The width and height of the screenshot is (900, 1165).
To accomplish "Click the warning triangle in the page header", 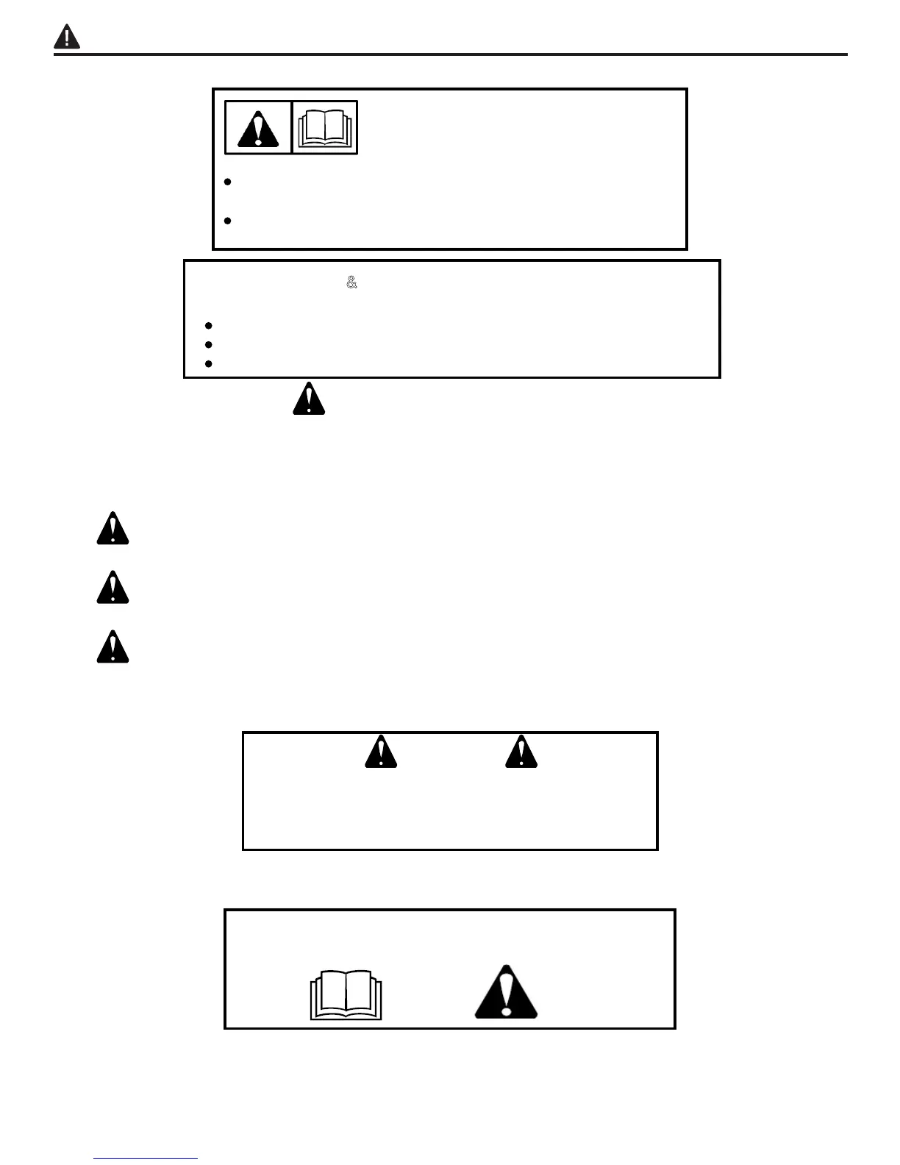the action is click(x=67, y=37).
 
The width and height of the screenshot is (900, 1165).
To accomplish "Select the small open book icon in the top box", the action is click(x=325, y=128).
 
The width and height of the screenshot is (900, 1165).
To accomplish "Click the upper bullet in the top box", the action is click(x=228, y=182).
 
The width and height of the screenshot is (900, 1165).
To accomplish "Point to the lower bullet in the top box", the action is click(x=228, y=221).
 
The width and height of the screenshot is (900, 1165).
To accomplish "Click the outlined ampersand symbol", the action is click(x=351, y=282).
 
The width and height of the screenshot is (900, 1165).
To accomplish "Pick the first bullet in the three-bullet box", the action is click(x=210, y=325).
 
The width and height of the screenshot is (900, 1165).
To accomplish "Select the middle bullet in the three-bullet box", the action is click(x=210, y=344).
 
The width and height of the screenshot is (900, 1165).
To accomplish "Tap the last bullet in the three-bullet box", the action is click(x=210, y=363).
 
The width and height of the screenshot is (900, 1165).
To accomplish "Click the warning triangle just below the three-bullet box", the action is click(x=309, y=399).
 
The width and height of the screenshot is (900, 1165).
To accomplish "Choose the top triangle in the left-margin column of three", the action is click(x=113, y=529).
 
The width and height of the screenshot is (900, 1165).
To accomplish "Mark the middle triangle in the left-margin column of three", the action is click(x=113, y=588).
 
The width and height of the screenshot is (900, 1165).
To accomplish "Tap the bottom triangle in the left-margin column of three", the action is click(x=113, y=648).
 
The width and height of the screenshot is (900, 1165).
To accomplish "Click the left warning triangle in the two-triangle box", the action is click(x=381, y=752).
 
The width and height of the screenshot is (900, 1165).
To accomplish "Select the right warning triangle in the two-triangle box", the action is click(x=521, y=752).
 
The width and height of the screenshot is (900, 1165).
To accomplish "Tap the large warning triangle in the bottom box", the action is click(x=506, y=993).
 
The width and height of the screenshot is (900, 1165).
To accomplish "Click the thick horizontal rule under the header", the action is click(x=450, y=54).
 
